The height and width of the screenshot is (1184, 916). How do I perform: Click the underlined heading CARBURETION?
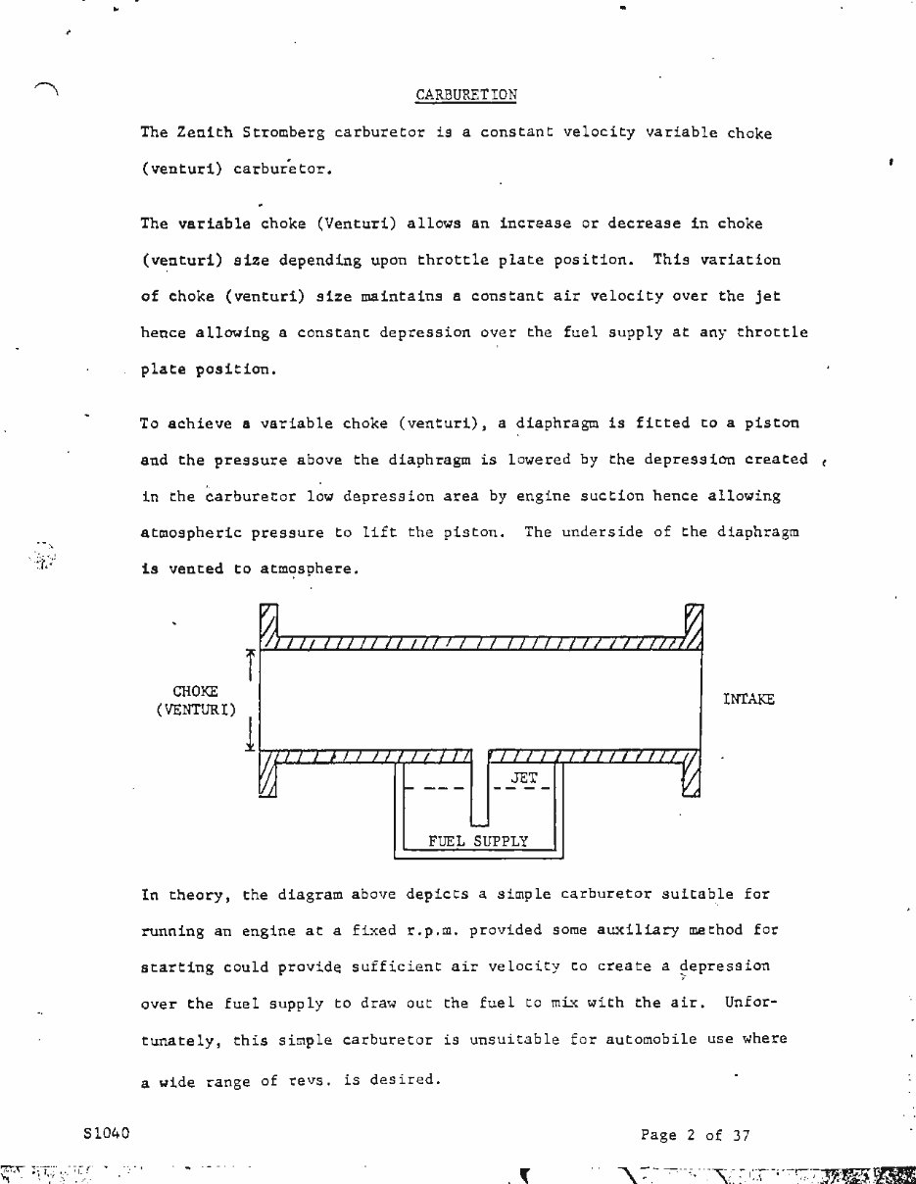click(466, 95)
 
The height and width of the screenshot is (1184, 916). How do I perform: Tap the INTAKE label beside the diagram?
click(748, 699)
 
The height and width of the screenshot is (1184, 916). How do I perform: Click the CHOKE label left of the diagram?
click(195, 691)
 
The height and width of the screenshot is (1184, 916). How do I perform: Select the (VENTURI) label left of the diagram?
click(196, 710)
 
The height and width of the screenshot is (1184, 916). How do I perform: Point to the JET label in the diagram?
click(524, 777)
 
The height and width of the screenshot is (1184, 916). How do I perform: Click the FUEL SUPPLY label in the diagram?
click(478, 841)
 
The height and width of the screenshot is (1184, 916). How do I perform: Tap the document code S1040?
click(108, 1133)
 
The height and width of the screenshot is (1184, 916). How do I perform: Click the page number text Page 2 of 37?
click(696, 1135)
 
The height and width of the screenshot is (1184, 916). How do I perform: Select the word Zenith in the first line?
click(199, 132)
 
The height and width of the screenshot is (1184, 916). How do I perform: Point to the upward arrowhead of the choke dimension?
click(252, 653)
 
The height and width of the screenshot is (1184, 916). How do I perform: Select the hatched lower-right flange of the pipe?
click(692, 774)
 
